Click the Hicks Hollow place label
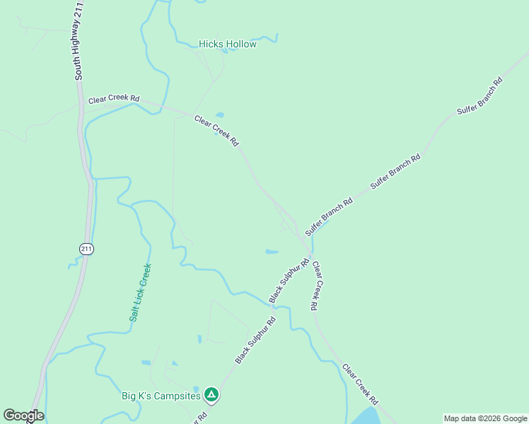pos(227,44)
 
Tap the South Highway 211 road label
pos(79,40)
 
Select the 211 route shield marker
pos(86,249)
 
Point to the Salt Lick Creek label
pos(140,293)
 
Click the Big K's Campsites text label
pos(160,395)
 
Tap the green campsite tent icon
pos(211,394)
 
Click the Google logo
pos(23,416)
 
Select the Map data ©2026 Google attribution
pos(485,418)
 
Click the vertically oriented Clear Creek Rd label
pos(317,286)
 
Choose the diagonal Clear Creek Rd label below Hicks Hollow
pos(216,131)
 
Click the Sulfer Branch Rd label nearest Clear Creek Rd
pos(328,217)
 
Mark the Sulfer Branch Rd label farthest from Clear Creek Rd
pos(479,95)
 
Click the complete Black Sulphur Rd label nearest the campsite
pos(255,340)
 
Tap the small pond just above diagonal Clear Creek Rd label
pos(220,114)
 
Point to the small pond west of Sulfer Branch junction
pos(272,251)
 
